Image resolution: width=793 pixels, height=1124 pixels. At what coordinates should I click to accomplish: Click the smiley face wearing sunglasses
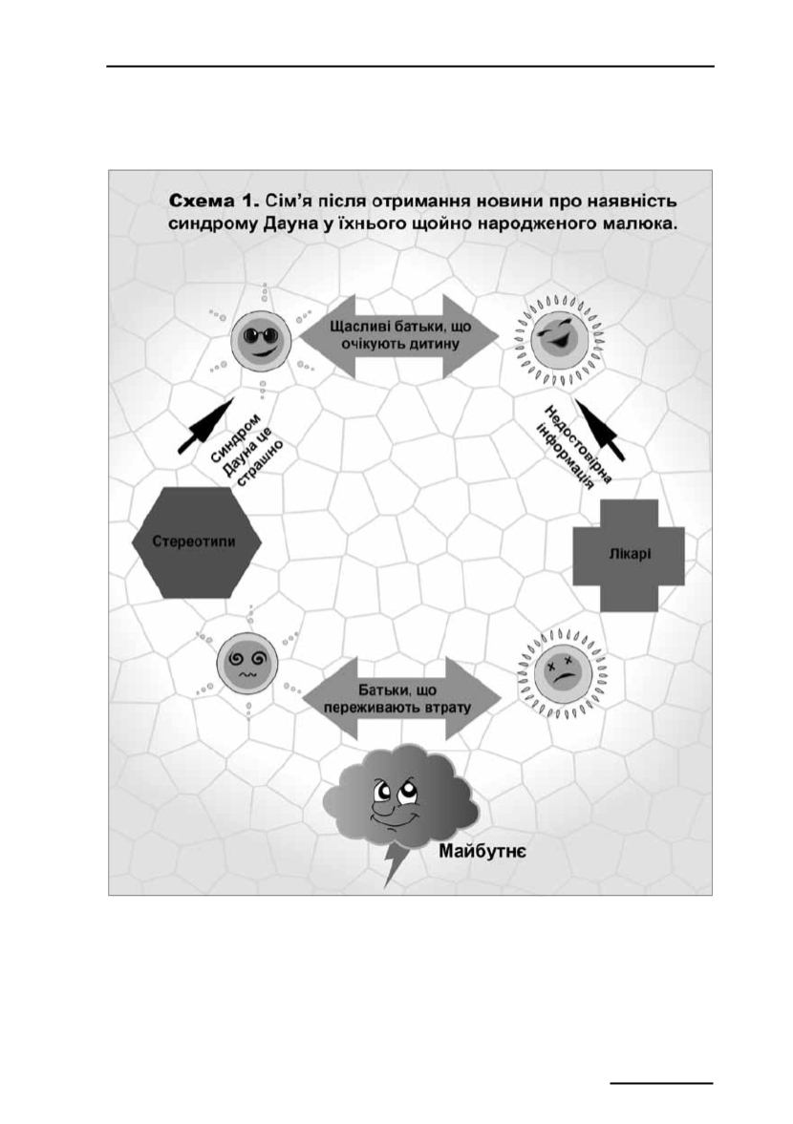click(x=260, y=341)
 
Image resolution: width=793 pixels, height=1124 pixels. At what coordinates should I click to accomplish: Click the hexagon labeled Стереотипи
click(x=195, y=541)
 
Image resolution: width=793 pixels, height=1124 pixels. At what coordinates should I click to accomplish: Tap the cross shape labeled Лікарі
click(x=628, y=554)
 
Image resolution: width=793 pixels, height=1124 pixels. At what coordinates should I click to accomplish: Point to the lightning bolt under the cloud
click(x=395, y=865)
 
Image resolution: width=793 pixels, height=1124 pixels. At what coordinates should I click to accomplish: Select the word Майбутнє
click(x=483, y=852)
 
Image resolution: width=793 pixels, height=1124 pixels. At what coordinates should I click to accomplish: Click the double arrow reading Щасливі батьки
click(x=399, y=335)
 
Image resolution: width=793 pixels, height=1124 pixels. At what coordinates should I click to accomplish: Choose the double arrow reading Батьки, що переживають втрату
click(x=401, y=699)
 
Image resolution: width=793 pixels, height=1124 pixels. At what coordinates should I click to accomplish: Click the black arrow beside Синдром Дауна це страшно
click(x=205, y=426)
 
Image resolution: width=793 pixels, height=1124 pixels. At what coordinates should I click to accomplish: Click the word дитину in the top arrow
click(x=428, y=344)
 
